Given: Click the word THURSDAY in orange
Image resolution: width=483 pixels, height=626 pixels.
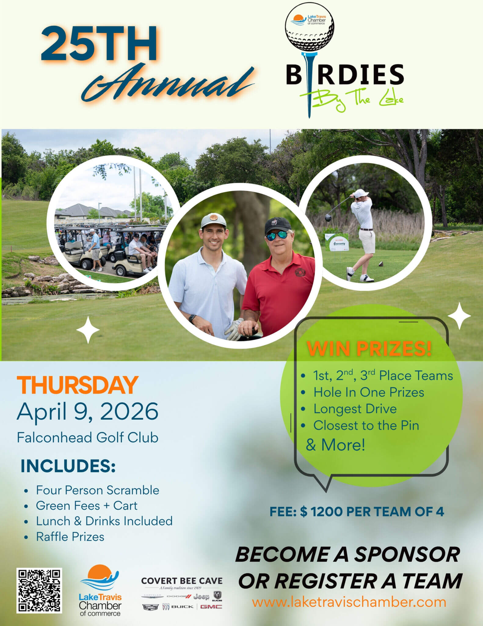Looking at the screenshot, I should coord(78,385).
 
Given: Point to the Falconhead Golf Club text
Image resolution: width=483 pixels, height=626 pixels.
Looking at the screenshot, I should coord(88,437).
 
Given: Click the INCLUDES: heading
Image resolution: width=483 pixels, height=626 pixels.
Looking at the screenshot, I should coord(68,466).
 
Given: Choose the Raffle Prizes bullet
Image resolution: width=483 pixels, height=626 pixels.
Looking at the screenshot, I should coord(70,536).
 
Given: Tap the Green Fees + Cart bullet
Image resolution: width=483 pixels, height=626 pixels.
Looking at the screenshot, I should coord(86,506).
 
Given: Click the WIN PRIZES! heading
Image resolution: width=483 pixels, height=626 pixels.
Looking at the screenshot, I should coord(369,349).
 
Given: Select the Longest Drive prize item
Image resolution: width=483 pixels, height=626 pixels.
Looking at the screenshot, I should coord(355,409).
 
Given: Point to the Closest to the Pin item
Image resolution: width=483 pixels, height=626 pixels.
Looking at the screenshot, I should coord(366,425).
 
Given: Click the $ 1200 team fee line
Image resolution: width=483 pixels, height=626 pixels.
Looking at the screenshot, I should coord(357,512).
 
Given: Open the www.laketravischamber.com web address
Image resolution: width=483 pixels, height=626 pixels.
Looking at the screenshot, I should coord(349,602).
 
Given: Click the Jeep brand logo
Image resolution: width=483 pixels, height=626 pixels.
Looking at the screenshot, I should coord(201,596).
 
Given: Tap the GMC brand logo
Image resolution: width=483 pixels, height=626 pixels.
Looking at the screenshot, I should coord(211,607).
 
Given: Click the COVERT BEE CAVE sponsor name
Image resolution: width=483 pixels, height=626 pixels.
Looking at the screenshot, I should coord(182,581).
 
